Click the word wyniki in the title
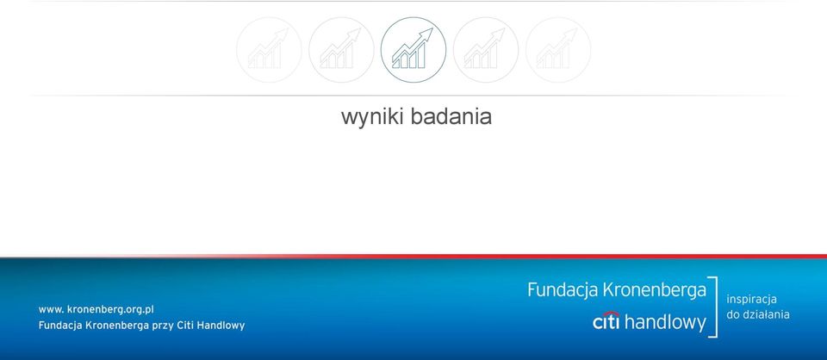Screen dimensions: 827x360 coord(373,117)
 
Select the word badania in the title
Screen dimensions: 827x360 coord(451,116)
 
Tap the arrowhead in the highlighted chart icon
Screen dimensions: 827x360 coord(426,34)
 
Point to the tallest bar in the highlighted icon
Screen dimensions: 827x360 coord(421,56)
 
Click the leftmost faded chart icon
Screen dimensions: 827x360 coord(269,50)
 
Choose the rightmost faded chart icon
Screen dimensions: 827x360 coord(558,50)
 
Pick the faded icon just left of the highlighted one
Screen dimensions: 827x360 coord(341,50)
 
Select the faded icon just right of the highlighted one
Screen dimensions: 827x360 coord(486,50)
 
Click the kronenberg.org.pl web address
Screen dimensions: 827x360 coord(96,310)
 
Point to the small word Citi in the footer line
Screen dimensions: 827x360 coord(189,326)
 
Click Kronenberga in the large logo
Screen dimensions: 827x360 coord(654,290)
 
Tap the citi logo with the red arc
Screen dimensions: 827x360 coord(606,320)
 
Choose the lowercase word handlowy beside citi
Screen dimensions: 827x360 coord(665,322)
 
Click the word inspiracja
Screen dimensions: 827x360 coord(751,300)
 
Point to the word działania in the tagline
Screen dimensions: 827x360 coord(767,314)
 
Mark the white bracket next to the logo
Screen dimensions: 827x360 coord(716,307)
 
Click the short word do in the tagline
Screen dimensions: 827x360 coord(733,314)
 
